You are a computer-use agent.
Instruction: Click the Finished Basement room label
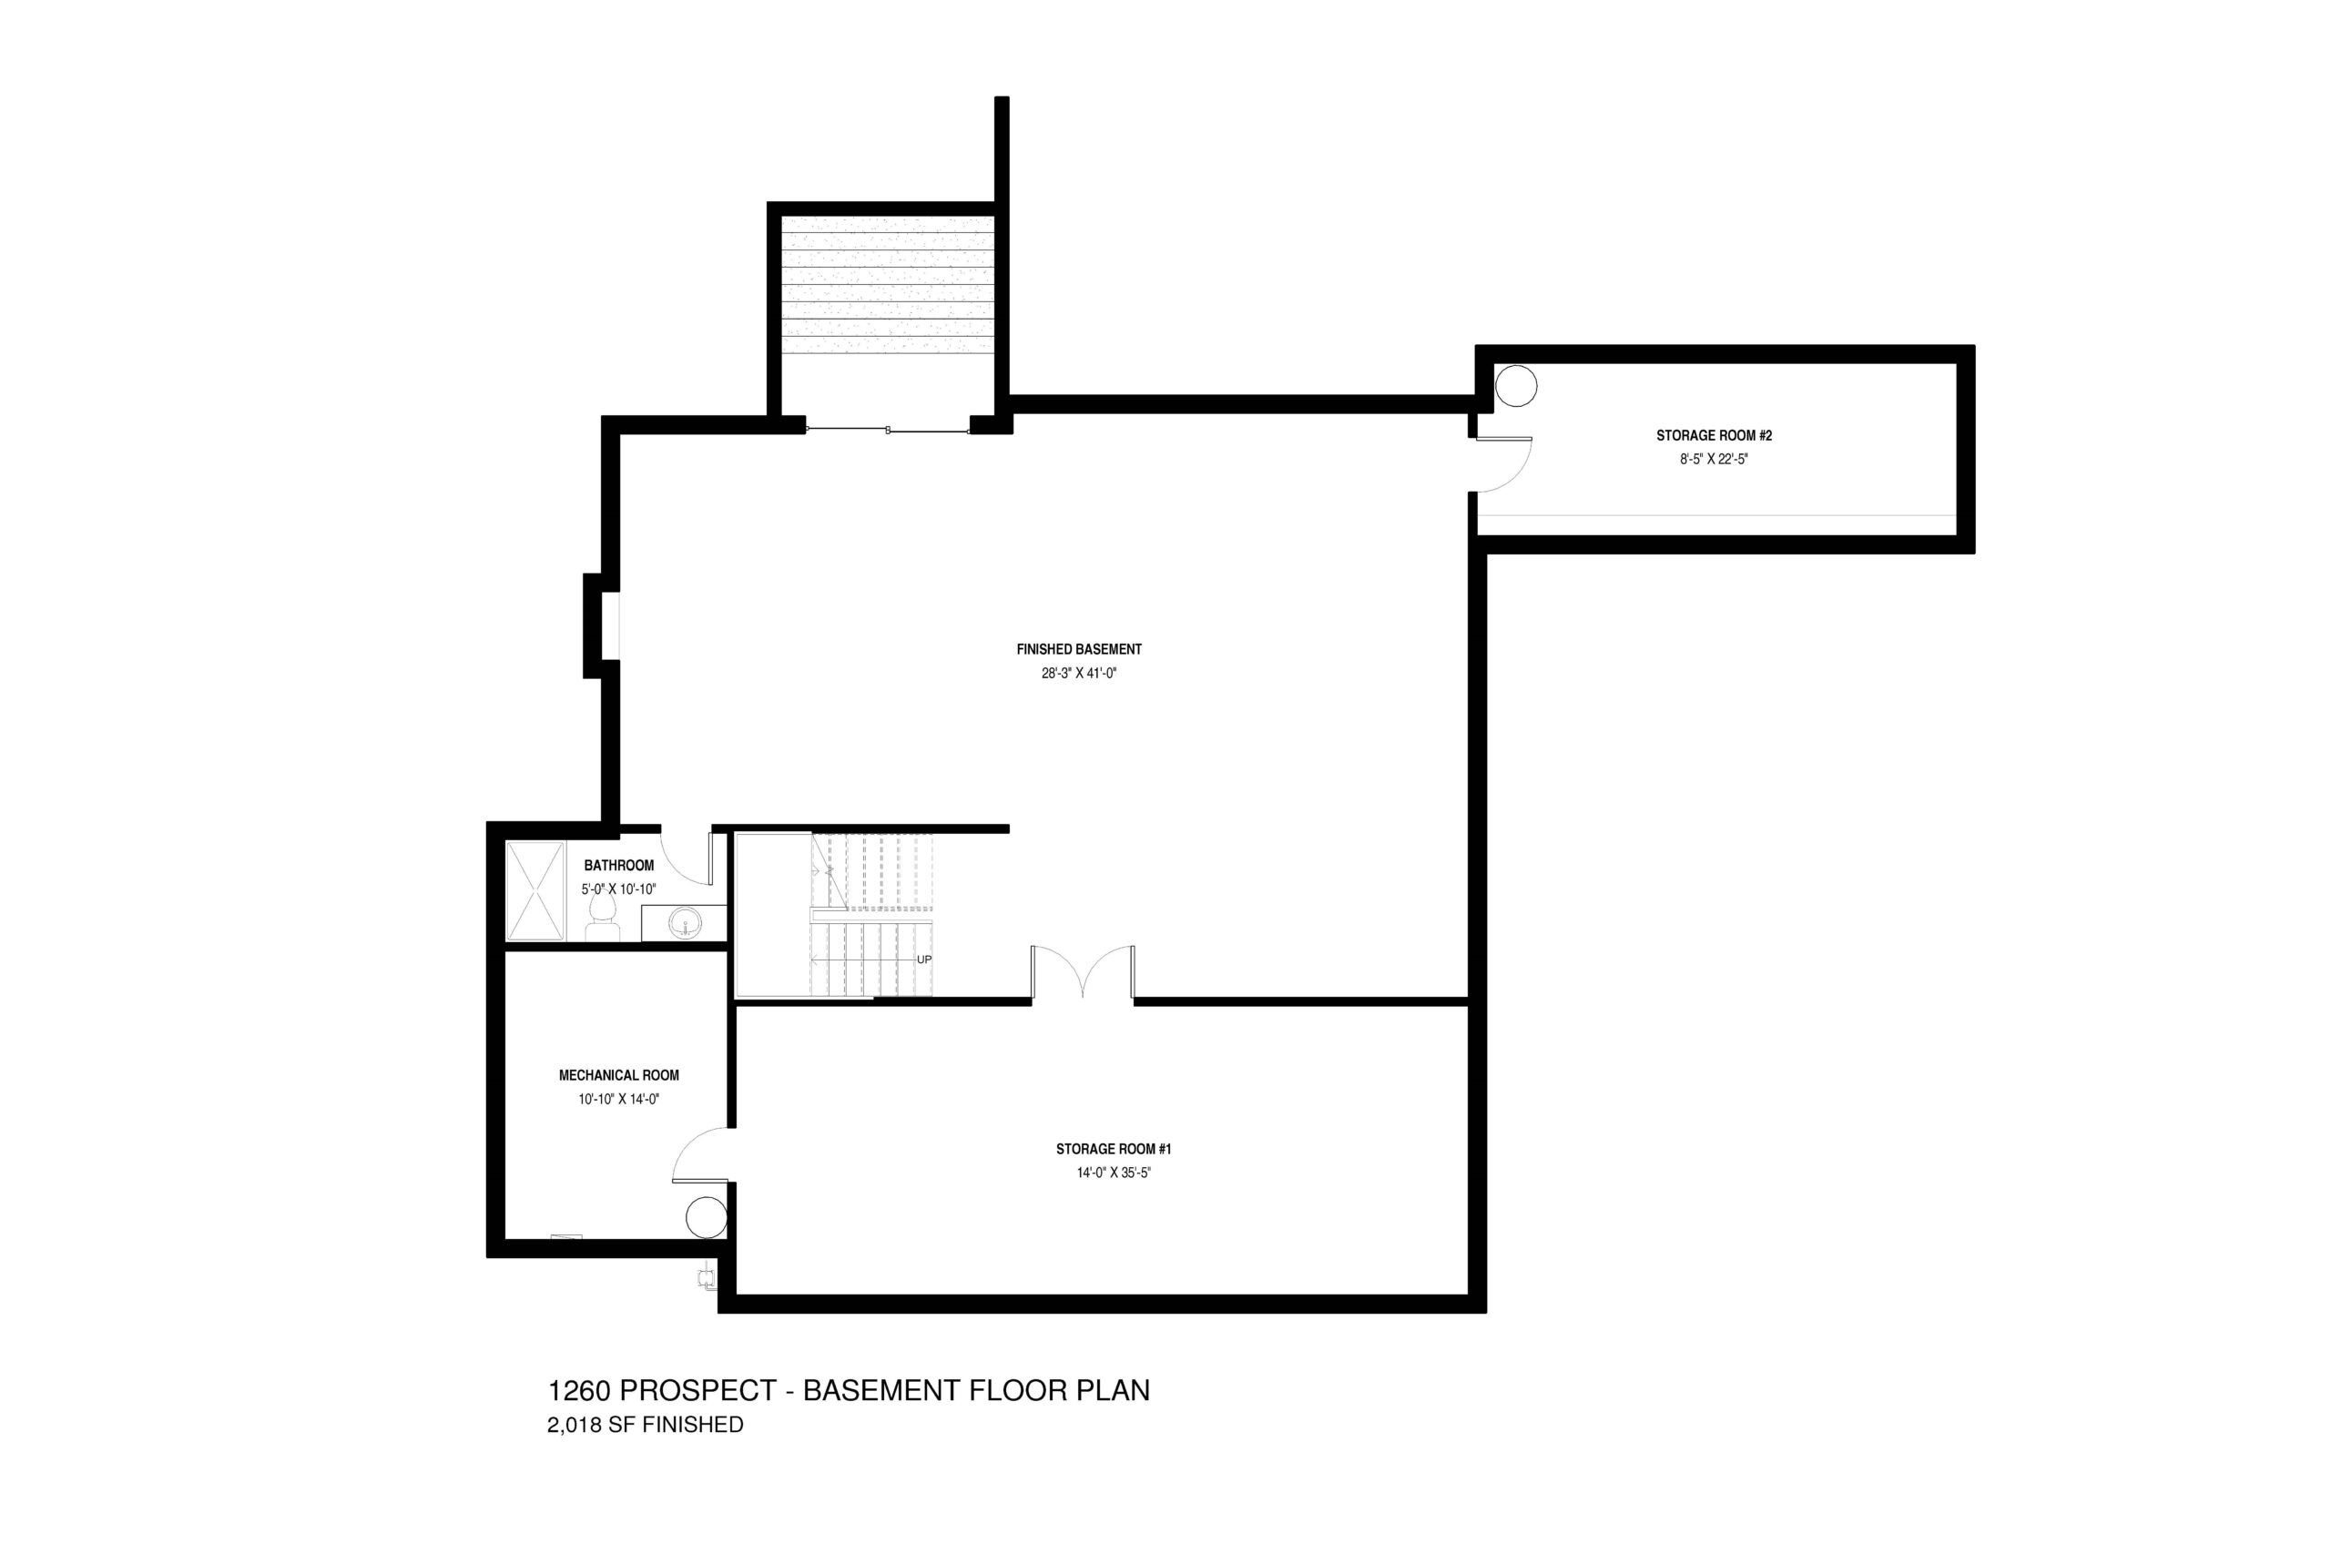coord(1078,649)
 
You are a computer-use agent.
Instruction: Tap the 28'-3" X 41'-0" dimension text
coord(1078,673)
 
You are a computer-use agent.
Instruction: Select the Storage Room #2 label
coord(1714,435)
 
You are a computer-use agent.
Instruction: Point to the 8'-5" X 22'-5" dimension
coord(1714,459)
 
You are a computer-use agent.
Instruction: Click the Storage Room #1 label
coord(1113,1149)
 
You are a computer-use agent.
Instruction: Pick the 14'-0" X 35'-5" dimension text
coord(1113,1173)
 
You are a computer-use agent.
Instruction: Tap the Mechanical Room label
coord(618,1074)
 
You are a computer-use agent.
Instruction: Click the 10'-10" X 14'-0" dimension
coord(618,1098)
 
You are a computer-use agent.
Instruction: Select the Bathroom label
coord(618,865)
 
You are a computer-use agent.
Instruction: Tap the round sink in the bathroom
coord(683,926)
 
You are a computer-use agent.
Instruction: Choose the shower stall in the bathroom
coord(535,890)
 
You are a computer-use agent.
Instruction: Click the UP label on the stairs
coord(923,960)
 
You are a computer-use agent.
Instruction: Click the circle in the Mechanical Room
coord(707,1217)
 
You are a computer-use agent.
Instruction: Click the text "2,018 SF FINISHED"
coord(646,1425)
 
